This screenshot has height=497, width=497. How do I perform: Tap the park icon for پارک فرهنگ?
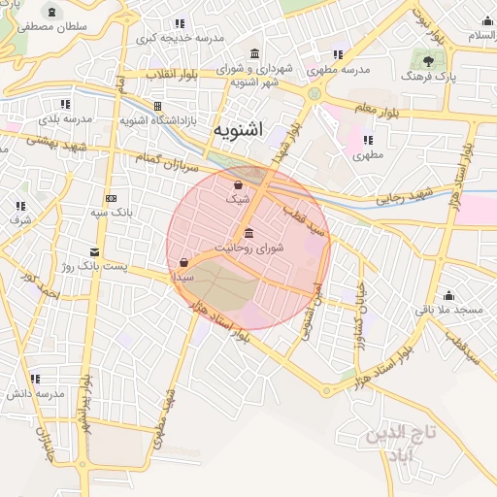tap(427, 59)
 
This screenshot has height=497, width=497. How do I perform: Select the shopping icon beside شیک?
tap(239, 183)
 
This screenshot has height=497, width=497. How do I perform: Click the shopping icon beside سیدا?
tap(183, 262)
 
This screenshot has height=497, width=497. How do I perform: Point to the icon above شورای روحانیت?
tap(249, 233)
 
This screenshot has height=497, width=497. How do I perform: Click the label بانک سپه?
tap(115, 211)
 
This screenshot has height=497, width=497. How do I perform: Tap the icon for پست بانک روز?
tap(93, 250)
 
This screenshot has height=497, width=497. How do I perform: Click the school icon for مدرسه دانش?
tap(35, 379)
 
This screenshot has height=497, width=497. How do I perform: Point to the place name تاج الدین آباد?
tap(389, 445)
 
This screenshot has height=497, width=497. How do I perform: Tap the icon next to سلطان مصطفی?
tap(49, 11)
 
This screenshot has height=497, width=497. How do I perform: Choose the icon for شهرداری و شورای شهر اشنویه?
tap(254, 53)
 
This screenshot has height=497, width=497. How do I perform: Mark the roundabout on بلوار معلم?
tap(315, 94)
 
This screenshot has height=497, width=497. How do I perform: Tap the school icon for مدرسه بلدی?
tap(64, 103)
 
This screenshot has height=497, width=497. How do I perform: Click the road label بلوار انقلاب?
tap(177, 74)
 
